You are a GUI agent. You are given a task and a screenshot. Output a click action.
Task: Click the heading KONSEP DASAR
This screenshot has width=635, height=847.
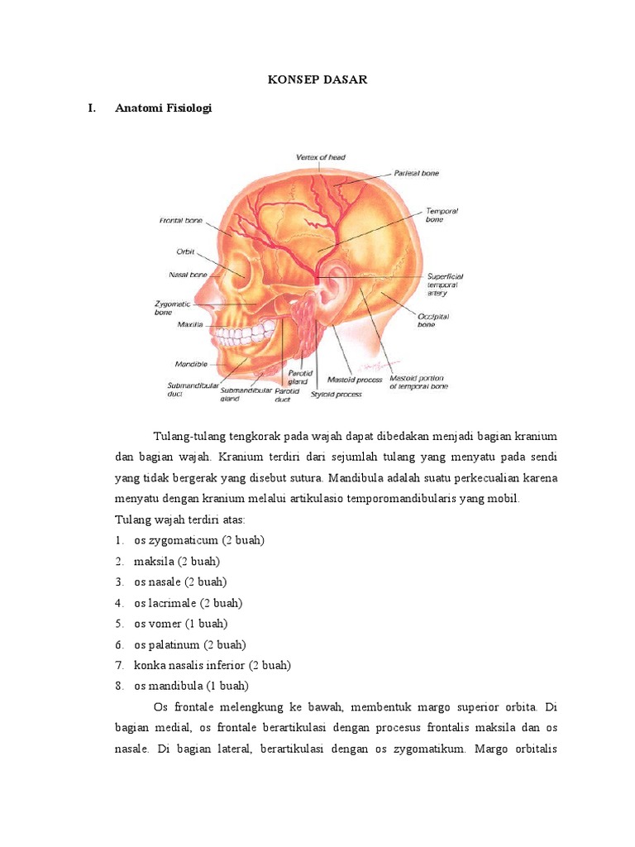point(317,79)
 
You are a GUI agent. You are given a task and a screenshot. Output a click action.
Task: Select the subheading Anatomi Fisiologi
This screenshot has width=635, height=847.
point(164,108)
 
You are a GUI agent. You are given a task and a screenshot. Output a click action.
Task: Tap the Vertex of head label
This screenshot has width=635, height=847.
point(321,157)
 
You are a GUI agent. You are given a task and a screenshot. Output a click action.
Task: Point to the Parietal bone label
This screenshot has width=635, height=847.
point(415,173)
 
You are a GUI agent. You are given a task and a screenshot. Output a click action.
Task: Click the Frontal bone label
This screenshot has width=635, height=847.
point(181,221)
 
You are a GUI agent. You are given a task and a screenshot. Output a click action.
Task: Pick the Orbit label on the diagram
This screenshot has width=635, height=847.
point(184,252)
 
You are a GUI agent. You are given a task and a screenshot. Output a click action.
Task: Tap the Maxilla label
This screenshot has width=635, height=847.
point(189,324)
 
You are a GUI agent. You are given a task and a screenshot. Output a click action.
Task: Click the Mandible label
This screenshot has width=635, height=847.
point(190,363)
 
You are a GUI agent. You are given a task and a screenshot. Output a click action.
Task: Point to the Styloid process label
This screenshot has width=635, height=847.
point(336,395)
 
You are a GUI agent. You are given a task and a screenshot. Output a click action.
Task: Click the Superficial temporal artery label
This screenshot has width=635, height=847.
point(445,285)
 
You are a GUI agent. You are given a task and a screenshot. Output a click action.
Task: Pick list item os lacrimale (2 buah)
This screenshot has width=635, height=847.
point(188,603)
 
